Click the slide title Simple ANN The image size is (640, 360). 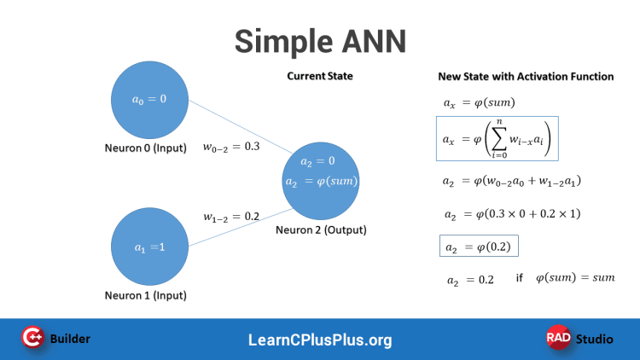coord(320,39)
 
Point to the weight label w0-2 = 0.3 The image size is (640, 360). coord(230,147)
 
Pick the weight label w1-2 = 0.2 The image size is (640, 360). coord(230,217)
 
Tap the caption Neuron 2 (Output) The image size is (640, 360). coord(321,230)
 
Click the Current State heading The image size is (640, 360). coord(319,77)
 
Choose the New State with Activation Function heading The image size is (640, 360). coord(526,77)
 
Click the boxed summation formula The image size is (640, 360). coord(497,138)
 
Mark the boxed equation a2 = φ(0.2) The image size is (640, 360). coord(479,247)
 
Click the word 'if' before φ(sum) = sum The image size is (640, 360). coord(519,278)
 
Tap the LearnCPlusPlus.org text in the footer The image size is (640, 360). coord(320,340)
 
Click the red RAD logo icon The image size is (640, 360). coord(558,339)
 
